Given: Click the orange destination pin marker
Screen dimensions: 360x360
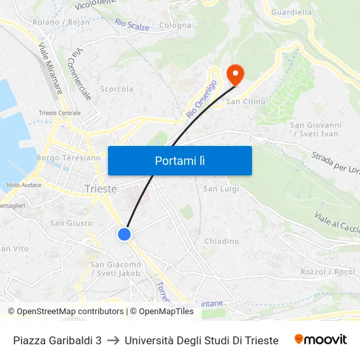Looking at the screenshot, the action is tap(234, 74).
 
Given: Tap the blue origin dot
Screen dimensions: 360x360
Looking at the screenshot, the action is tap(124, 234).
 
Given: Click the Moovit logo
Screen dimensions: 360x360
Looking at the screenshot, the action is tap(320, 340).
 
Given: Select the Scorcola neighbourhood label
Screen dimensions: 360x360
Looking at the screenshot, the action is tap(117, 89).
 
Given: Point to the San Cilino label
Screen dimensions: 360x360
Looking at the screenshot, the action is tap(245, 101).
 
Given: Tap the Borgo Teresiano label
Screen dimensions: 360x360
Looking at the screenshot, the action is tap(69, 158).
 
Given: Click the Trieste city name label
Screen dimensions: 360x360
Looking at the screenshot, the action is tap(101, 189).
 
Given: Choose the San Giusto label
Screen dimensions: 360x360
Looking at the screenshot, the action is tap(71, 223).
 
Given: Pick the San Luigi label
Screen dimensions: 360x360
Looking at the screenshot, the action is tap(221, 189).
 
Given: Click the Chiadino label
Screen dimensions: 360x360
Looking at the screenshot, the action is tap(221, 241).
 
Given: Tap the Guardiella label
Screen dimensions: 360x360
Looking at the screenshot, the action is tap(291, 12).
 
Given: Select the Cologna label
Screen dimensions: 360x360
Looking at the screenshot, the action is tap(175, 26).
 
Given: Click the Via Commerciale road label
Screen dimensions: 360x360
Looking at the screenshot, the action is tap(79, 73).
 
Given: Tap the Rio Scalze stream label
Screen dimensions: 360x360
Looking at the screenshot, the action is tap(132, 24).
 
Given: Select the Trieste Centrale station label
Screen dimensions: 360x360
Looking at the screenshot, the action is tap(60, 113).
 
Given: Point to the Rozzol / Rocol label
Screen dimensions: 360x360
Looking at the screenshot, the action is tap(327, 272).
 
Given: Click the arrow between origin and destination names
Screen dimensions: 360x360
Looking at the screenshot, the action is tap(113, 340).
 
